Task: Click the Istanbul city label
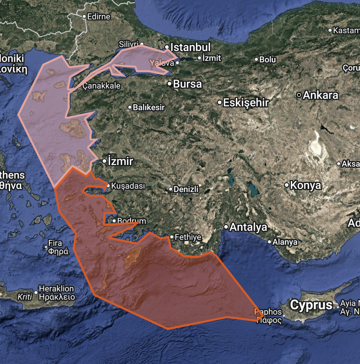(190, 47)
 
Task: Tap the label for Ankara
(320, 95)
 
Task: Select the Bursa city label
(187, 84)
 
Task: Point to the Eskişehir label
(246, 102)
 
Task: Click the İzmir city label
(120, 161)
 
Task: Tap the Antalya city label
(248, 227)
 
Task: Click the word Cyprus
(311, 305)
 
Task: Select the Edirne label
(98, 16)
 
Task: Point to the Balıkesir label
(149, 107)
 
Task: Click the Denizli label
(186, 189)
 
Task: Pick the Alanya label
(285, 242)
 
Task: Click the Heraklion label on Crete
(57, 289)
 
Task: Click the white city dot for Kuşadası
(108, 185)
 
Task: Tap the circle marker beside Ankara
(299, 95)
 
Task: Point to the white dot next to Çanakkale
(80, 86)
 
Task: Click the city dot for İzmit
(199, 58)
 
